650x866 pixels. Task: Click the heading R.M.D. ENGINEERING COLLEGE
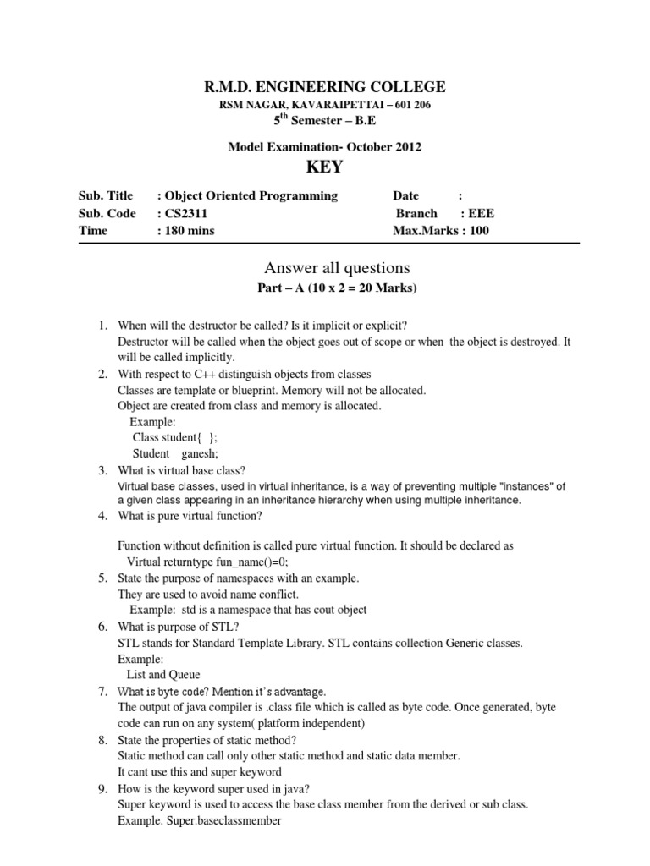(x=324, y=86)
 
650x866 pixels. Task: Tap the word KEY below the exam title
(x=325, y=167)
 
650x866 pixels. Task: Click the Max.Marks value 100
(x=478, y=231)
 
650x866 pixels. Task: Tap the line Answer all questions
(x=325, y=268)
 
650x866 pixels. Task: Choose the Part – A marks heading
(x=325, y=288)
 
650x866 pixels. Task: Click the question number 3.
(x=102, y=470)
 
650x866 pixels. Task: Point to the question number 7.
(x=102, y=692)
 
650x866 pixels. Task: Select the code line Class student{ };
(x=168, y=437)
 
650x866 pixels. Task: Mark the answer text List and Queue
(x=163, y=675)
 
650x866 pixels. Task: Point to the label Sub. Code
(x=107, y=214)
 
